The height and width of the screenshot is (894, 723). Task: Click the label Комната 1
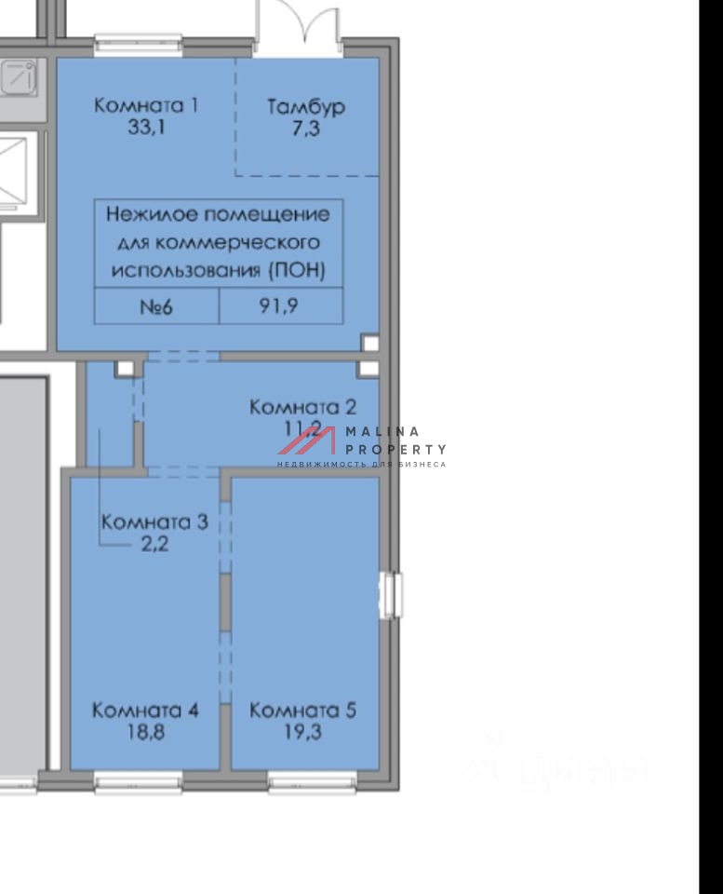[x=146, y=105]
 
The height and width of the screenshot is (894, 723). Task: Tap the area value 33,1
[x=146, y=128]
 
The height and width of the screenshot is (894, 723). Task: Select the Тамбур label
[x=306, y=107]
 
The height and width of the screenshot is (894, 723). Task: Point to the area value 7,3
[x=306, y=129]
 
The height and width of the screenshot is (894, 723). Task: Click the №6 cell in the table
[x=156, y=305]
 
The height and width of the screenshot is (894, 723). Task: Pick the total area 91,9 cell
[x=279, y=305]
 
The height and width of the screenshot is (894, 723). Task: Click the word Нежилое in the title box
[x=141, y=215]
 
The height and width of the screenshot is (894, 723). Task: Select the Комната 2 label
[x=303, y=407]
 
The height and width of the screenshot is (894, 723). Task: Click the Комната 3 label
[x=154, y=521]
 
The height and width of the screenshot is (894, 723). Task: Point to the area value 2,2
[x=154, y=544]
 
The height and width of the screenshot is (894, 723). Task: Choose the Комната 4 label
[x=145, y=711]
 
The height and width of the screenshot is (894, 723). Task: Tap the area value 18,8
[x=145, y=733]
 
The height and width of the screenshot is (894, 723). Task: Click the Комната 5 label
[x=303, y=711]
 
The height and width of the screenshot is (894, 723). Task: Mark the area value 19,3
[x=303, y=733]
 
